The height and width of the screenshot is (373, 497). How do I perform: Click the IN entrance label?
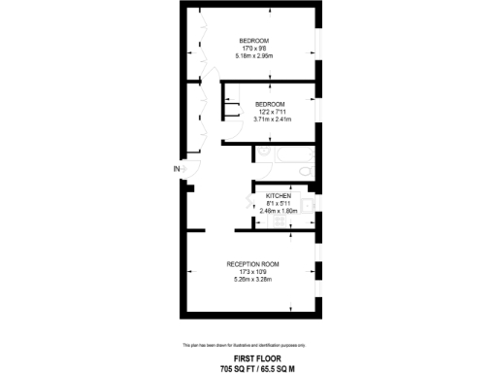tap(176, 169)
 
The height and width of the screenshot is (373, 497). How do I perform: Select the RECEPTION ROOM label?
tap(252, 264)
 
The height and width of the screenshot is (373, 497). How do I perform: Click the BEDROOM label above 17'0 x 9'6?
tap(253, 40)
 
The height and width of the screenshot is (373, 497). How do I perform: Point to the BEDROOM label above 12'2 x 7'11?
tap(270, 104)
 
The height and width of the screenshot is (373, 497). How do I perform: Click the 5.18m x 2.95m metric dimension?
tap(253, 55)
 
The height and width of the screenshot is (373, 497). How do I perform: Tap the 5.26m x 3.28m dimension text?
tap(252, 280)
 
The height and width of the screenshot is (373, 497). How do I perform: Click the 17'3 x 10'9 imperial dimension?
tap(252, 272)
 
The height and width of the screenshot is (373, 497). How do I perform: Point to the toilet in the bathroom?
tap(306, 171)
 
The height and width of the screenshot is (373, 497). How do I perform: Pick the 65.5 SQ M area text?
tap(278, 367)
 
